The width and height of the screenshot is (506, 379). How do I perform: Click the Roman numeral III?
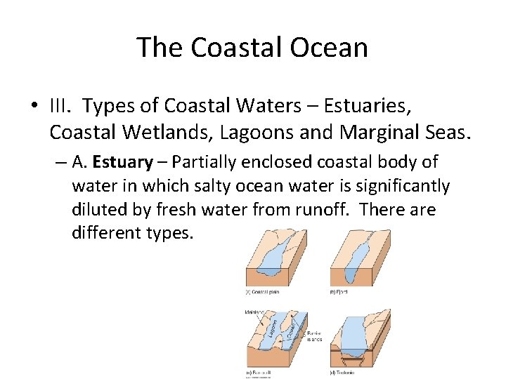tap(60, 106)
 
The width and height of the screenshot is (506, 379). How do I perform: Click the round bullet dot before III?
tap(34, 107)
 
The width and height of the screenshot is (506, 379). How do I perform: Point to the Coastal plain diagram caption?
tap(263, 291)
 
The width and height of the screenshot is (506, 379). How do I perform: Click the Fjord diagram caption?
tap(338, 291)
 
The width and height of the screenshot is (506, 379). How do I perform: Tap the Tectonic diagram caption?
tap(344, 371)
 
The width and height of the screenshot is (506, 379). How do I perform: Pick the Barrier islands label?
tap(316, 335)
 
